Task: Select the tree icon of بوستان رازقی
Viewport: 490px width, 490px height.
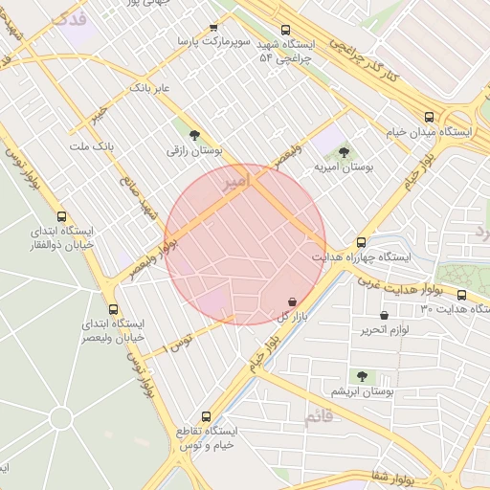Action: (195, 135)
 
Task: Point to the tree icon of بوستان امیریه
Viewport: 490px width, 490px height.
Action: (344, 152)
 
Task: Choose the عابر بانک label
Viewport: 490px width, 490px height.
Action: (149, 88)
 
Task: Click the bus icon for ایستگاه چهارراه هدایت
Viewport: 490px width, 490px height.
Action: (361, 242)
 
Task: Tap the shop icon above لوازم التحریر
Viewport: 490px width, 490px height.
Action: (384, 315)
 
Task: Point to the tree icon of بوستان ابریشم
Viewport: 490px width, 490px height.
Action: (362, 376)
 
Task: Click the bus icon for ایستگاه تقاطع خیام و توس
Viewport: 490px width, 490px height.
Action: (207, 416)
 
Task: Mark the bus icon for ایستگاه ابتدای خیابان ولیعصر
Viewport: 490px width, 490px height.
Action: (114, 309)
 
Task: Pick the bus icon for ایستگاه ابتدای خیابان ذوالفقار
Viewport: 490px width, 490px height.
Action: (62, 216)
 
